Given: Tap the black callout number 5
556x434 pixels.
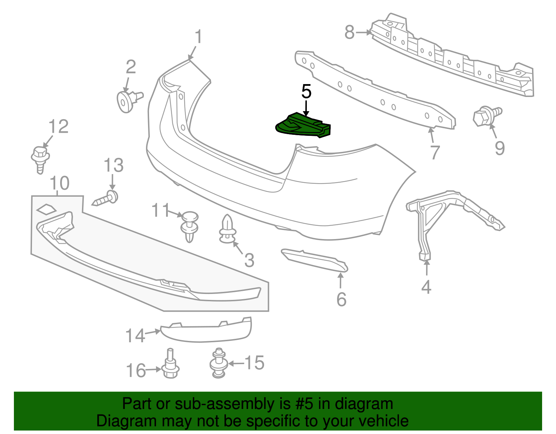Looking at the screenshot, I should pyautogui.click(x=306, y=92).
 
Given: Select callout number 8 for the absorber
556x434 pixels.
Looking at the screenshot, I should pyautogui.click(x=349, y=33).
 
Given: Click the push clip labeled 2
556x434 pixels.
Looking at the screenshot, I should pyautogui.click(x=127, y=101).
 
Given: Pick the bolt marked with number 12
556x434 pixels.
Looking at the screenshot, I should pyautogui.click(x=40, y=158).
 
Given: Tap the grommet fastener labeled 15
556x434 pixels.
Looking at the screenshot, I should pyautogui.click(x=219, y=363).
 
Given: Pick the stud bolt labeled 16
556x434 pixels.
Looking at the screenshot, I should pyautogui.click(x=171, y=366).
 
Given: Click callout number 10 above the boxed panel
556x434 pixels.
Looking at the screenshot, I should pyautogui.click(x=60, y=183).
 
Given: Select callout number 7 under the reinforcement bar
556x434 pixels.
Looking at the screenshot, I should pyautogui.click(x=435, y=152).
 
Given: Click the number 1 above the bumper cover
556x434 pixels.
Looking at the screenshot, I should pyautogui.click(x=198, y=37).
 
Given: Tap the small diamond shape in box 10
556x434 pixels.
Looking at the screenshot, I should pyautogui.click(x=46, y=209).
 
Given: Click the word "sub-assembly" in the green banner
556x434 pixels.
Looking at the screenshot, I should pyautogui.click(x=224, y=404).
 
